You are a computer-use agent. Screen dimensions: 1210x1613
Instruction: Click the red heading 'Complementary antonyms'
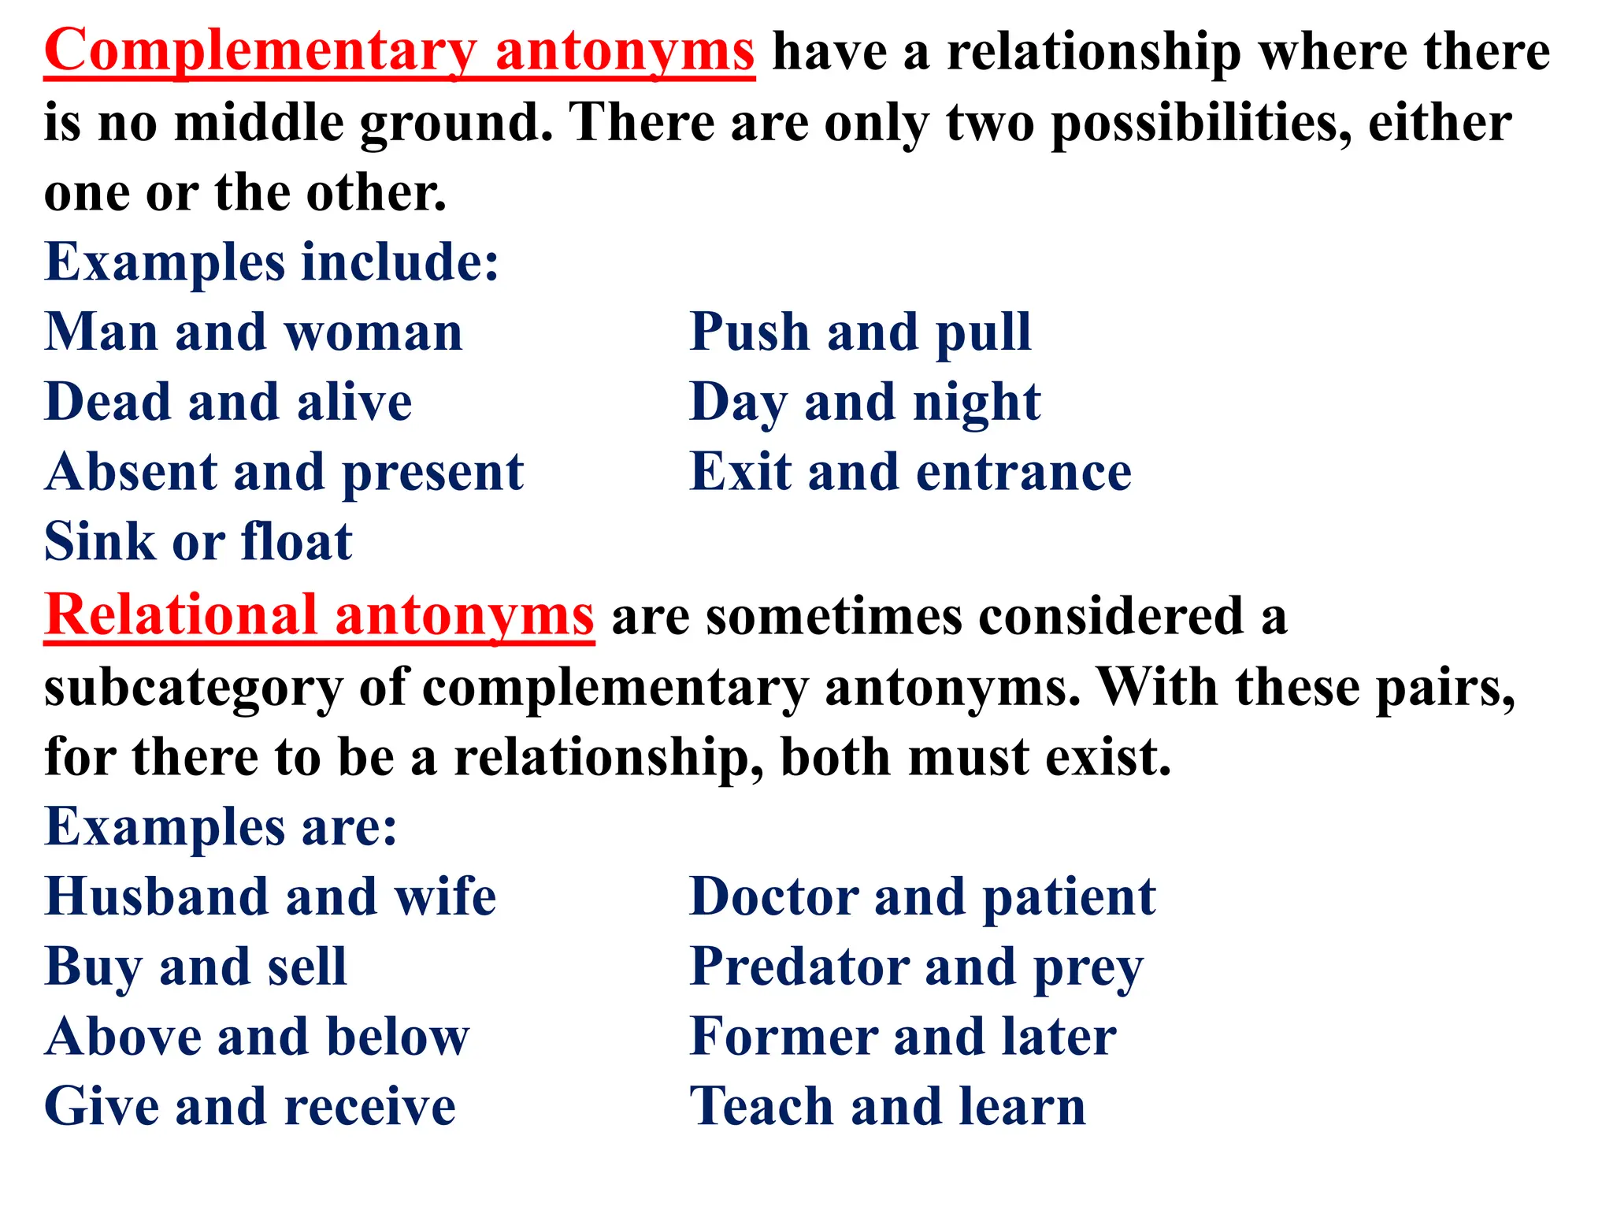point(399,52)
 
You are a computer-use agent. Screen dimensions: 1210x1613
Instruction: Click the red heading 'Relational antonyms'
point(319,615)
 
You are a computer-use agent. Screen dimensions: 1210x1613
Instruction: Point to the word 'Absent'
point(130,473)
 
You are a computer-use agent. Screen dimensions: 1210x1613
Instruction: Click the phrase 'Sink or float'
point(198,543)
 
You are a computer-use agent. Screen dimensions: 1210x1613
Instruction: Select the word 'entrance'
point(1024,473)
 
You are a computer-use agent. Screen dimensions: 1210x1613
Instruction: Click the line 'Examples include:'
point(272,262)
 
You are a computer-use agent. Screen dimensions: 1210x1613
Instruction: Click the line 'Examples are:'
point(221,827)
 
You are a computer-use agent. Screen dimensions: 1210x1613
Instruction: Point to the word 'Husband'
point(156,897)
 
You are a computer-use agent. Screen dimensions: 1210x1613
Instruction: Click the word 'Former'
point(783,1037)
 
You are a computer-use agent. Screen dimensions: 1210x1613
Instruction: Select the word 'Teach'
point(761,1108)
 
